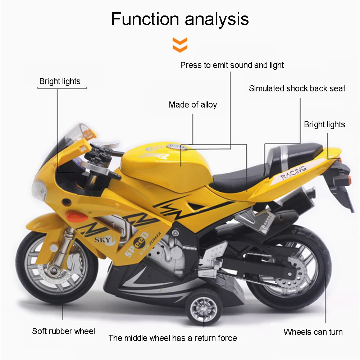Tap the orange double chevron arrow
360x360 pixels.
[x=180, y=45]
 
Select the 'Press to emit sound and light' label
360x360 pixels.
[x=232, y=65]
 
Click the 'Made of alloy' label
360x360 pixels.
[x=193, y=105]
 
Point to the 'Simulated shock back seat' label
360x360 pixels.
[x=297, y=88]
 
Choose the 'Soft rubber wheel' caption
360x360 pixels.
[x=64, y=331]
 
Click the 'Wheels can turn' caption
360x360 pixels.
[x=313, y=332]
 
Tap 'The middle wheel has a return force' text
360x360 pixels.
[x=173, y=338]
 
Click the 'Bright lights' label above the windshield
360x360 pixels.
[x=60, y=81]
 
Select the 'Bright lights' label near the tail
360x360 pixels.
[x=324, y=124]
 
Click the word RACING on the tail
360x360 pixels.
[x=293, y=172]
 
